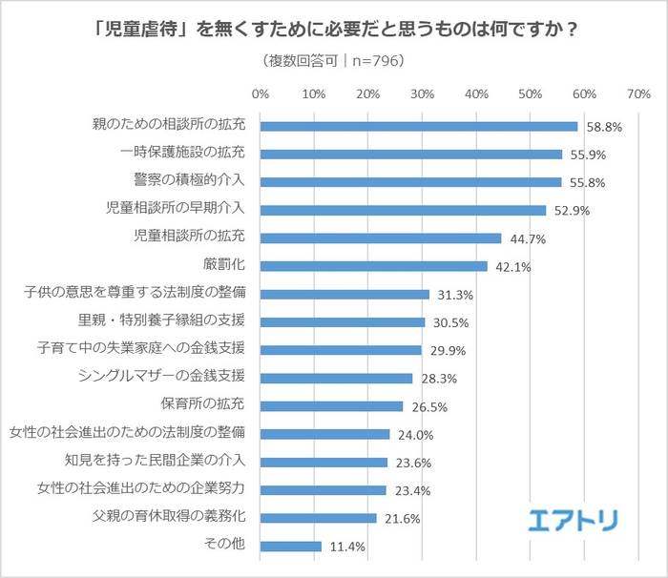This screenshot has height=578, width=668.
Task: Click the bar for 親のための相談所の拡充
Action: [418, 126]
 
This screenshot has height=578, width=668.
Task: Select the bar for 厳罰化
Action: [373, 266]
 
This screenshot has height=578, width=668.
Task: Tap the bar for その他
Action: [290, 547]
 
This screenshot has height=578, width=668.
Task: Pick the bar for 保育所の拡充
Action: [331, 406]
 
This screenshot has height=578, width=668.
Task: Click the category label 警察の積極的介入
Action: [190, 181]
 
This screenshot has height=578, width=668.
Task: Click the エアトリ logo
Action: [574, 520]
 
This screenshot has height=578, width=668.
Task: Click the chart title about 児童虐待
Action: [334, 27]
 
